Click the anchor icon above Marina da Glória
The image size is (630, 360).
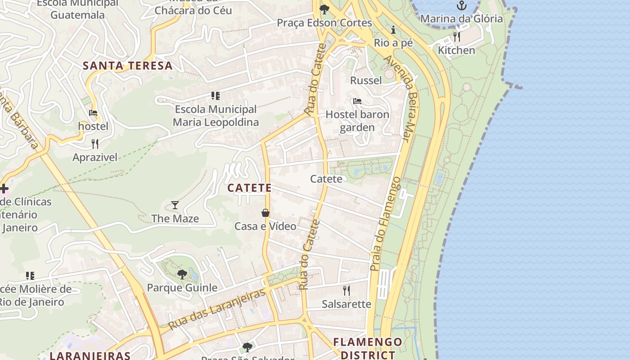461,5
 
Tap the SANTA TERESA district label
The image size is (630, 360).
128,66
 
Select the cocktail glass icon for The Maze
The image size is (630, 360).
175,205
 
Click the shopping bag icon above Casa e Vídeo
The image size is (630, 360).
265,212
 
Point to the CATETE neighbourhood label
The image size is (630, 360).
249,188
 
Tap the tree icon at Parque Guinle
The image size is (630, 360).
182,274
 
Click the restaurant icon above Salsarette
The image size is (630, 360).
346,290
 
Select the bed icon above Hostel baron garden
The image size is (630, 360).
357,101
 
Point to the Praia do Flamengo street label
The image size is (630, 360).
385,224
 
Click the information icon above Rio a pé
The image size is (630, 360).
394,30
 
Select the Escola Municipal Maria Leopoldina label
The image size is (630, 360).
216,116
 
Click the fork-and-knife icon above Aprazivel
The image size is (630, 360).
94,144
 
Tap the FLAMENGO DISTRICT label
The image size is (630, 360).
368,348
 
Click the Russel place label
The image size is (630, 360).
366,81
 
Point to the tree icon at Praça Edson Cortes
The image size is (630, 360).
324,9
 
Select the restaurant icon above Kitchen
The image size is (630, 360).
457,36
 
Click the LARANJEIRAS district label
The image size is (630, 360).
90,355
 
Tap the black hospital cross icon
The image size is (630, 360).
4,188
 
